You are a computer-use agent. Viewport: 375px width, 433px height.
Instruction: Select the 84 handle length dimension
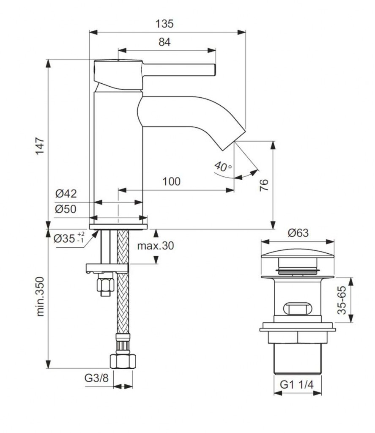click(165, 42)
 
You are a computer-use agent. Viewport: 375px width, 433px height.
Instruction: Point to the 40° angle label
click(222, 166)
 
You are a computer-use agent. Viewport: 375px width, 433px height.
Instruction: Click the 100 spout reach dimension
click(171, 181)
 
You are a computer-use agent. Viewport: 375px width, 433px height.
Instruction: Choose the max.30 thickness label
click(155, 246)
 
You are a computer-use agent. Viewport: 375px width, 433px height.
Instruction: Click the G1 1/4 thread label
click(298, 385)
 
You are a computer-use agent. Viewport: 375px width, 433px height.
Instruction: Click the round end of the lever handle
click(214, 69)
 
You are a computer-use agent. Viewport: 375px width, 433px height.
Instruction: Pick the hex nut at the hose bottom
click(123, 362)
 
